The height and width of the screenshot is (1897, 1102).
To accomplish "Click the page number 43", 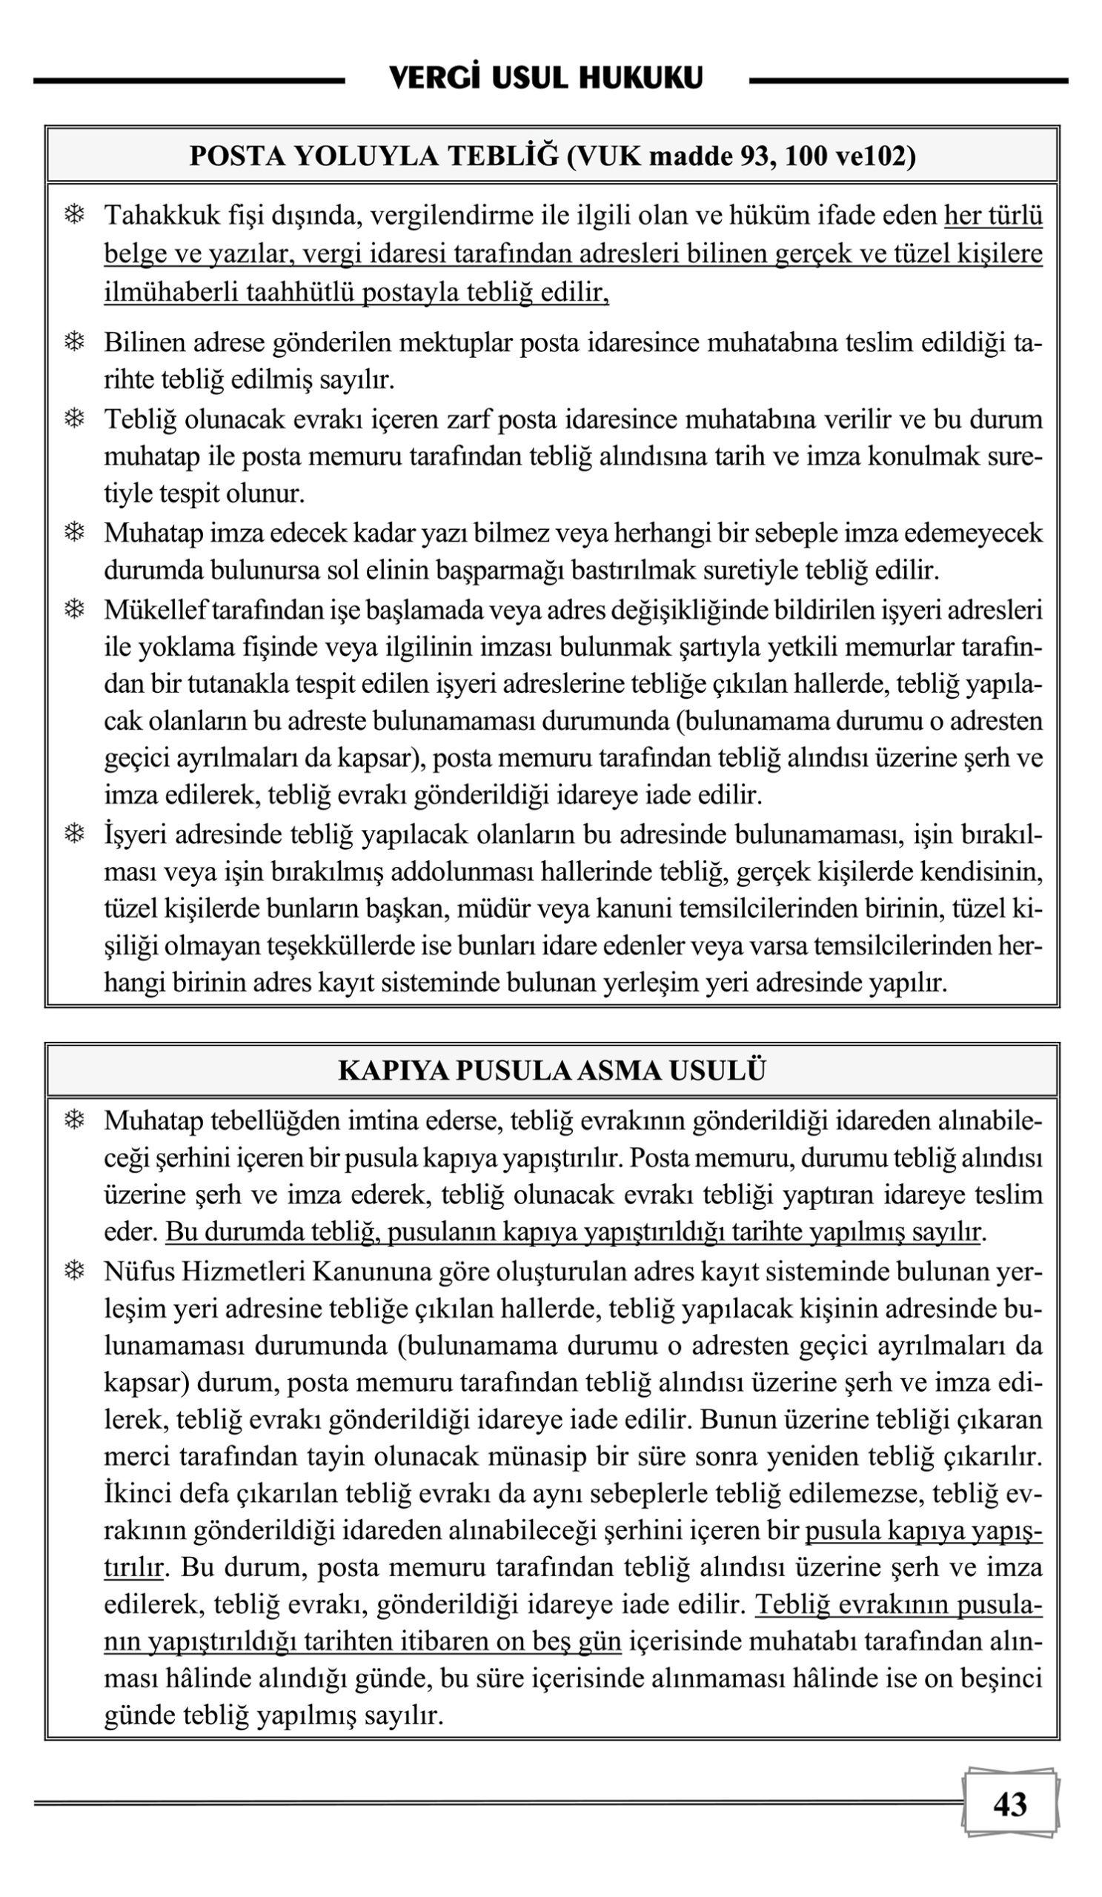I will (1009, 1804).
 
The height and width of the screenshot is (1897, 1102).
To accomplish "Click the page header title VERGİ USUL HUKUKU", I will (545, 79).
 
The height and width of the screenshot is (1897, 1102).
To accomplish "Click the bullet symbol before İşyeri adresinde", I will (74, 834).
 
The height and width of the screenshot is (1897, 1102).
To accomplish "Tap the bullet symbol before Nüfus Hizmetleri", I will (74, 1272).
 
